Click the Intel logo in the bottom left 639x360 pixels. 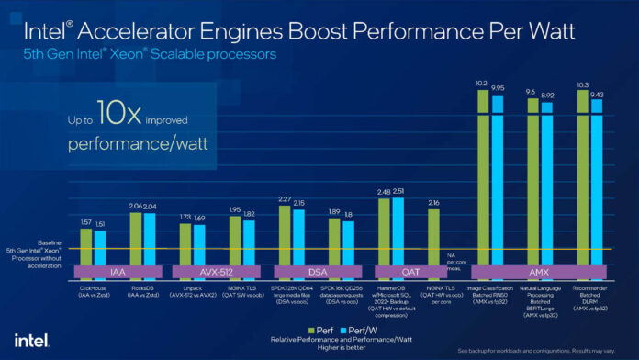[x=29, y=338]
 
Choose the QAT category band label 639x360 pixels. [x=410, y=272]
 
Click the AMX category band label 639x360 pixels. [x=539, y=272]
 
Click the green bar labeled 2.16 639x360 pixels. [x=433, y=237]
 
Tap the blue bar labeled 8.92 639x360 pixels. [x=547, y=184]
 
